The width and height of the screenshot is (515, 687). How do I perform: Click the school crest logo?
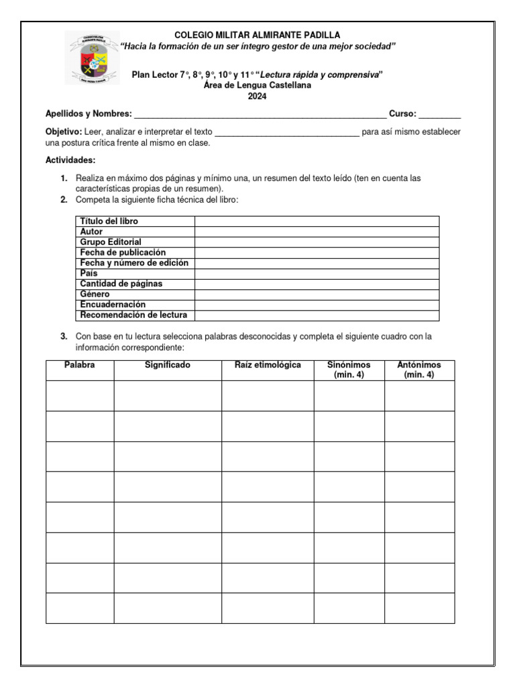tap(92, 58)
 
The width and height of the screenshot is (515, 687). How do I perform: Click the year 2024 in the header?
tap(257, 97)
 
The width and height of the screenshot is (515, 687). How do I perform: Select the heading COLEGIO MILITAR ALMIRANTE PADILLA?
tap(257, 35)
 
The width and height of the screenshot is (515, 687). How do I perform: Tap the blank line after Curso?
tap(440, 115)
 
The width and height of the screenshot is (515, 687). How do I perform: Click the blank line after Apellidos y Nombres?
tap(260, 115)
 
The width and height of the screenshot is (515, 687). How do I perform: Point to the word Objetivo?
tap(64, 132)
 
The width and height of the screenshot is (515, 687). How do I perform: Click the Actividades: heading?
tap(70, 160)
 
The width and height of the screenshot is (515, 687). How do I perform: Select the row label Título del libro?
tap(109, 221)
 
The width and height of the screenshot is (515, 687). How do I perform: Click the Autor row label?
tap(91, 231)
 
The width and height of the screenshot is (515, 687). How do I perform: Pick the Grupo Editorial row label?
tap(111, 242)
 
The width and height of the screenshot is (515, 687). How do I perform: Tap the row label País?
tap(89, 274)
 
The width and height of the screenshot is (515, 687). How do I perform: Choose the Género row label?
tap(95, 295)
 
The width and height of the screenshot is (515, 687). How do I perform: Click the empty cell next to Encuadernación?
tap(317, 305)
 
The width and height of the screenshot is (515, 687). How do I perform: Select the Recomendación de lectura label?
tap(133, 315)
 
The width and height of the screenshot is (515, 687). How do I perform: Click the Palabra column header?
tap(80, 366)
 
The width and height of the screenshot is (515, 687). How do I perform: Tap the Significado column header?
tap(168, 366)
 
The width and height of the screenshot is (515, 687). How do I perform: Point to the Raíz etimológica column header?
tap(268, 366)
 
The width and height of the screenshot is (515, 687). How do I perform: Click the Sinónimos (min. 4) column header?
tap(349, 370)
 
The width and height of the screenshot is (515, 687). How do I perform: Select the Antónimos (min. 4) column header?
tap(419, 370)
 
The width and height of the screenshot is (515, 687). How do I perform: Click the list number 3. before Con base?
tap(64, 337)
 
